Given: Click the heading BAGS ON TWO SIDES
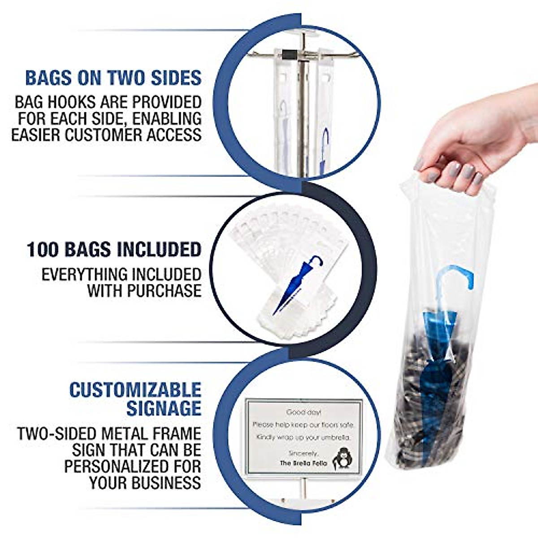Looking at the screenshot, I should [x=113, y=78].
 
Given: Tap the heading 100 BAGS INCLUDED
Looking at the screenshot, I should [x=114, y=249].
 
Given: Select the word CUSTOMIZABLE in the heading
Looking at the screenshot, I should [x=135, y=390].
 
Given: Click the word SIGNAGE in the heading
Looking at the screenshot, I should [x=163, y=408].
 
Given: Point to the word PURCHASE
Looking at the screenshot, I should [x=164, y=291].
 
